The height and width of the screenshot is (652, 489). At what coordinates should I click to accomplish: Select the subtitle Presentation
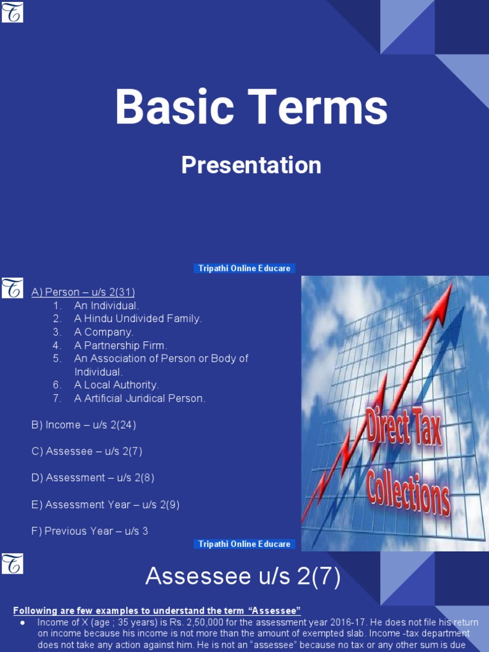(x=251, y=166)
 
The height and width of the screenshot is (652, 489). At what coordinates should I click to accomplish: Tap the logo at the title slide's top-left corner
(x=12, y=12)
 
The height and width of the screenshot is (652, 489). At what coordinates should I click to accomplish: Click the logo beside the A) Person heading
(x=12, y=288)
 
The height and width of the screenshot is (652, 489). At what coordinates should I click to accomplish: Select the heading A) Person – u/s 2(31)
(x=83, y=292)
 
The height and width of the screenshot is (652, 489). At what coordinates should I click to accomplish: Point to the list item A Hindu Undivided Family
(x=138, y=318)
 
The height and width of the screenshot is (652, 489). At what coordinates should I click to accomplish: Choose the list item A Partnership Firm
(x=120, y=345)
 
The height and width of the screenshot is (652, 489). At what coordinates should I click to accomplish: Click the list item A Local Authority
(x=117, y=385)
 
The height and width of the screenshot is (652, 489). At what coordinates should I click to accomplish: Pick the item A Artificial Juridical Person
(x=139, y=398)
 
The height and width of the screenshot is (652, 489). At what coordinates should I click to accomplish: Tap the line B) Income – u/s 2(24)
(x=83, y=425)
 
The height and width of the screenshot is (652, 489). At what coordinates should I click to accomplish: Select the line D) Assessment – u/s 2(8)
(x=92, y=478)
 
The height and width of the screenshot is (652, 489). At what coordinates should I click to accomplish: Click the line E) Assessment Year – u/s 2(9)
(x=105, y=504)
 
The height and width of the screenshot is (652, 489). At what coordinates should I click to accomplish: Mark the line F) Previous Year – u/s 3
(x=89, y=531)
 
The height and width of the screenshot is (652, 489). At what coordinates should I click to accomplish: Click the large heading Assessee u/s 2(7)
(x=243, y=578)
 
